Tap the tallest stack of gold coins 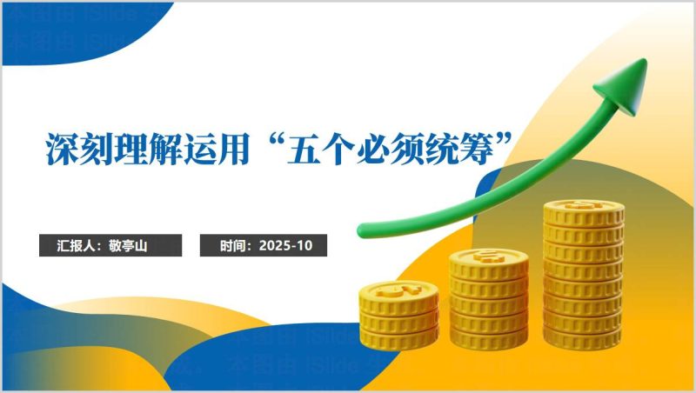pos(583,274)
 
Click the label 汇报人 pos(77,246)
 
